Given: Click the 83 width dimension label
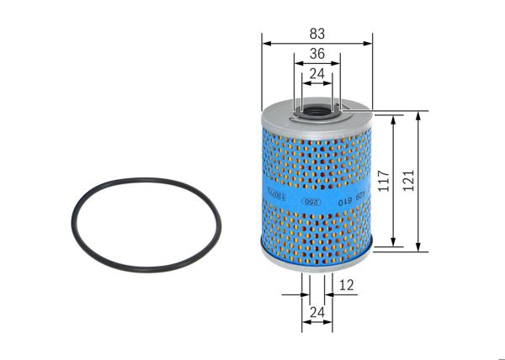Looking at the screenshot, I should point(316,34).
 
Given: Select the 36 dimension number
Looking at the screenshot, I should point(316,54).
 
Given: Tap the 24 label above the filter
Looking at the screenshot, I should point(316,74).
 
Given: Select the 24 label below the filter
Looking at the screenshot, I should point(316,314).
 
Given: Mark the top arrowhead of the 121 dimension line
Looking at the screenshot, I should point(419,114).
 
